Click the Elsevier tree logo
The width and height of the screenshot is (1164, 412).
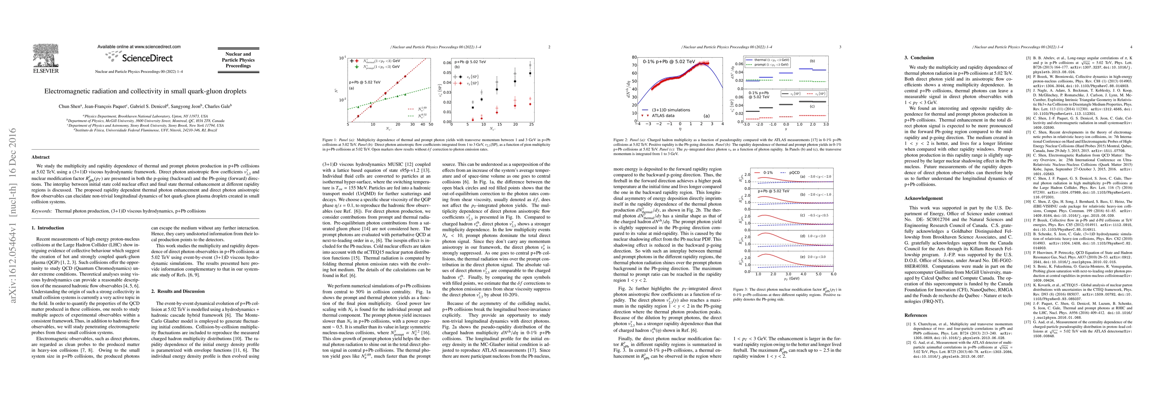click(x=45, y=56)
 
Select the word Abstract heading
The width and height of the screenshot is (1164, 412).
click(x=41, y=157)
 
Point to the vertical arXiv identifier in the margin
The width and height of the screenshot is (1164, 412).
click(x=13, y=215)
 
